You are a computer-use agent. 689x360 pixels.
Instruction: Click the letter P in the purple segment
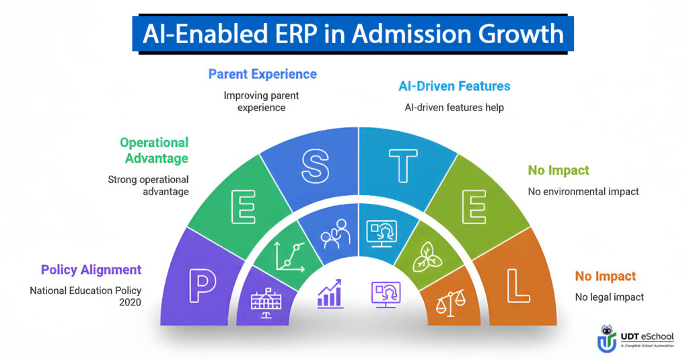[203, 287]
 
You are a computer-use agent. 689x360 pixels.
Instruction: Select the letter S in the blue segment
[314, 165]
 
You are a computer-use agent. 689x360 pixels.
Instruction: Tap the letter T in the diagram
[403, 166]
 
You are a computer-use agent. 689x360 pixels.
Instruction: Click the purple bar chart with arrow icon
[330, 295]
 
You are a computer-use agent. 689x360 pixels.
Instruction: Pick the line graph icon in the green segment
[290, 255]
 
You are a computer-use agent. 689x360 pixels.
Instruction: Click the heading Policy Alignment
[91, 270]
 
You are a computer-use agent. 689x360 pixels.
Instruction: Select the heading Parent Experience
[262, 73]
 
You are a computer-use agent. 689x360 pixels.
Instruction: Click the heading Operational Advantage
[153, 150]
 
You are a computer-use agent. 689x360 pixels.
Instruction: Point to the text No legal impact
[609, 297]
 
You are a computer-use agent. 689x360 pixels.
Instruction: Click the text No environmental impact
[583, 192]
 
